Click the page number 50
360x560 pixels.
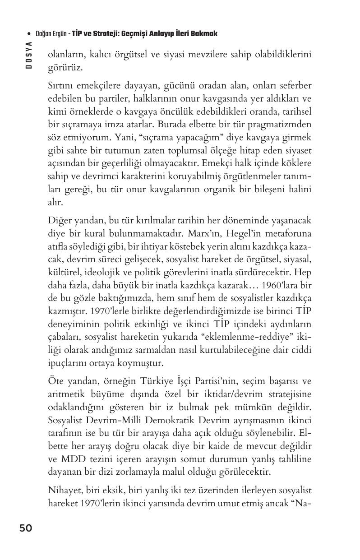pos(26,528)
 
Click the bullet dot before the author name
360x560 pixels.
pos(29,34)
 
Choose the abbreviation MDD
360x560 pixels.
pos(72,459)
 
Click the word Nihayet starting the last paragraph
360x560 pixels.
pos(65,491)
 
